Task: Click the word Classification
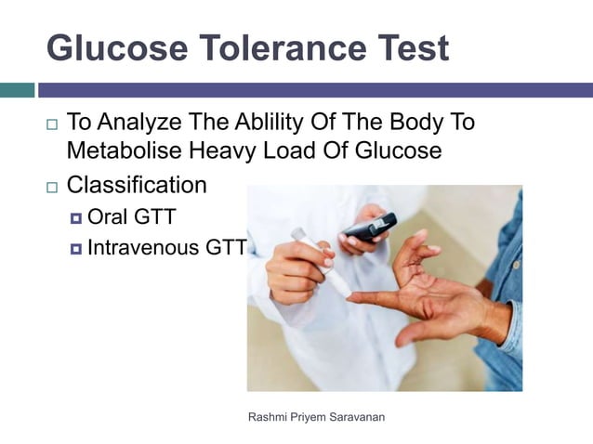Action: tap(137, 185)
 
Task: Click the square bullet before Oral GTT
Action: tap(75, 220)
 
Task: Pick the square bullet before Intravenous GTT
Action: tap(75, 248)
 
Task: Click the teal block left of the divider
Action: tap(17, 90)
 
